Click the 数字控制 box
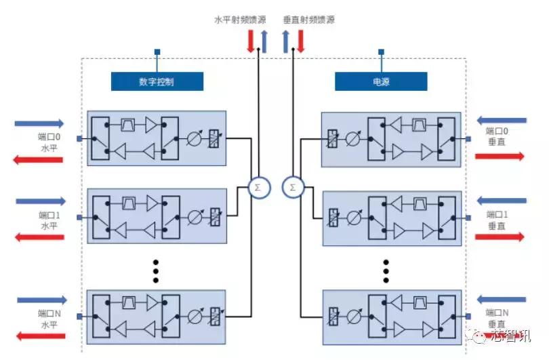pos(157,81)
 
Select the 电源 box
pos(381,81)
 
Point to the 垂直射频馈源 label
pos(309,20)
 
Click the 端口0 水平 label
pos(49,142)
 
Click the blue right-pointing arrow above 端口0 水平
pos(40,123)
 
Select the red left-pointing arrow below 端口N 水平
pos(40,336)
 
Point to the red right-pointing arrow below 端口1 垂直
pos(500,237)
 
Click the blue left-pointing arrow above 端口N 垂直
pos(501,299)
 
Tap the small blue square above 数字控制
pos(157,52)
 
